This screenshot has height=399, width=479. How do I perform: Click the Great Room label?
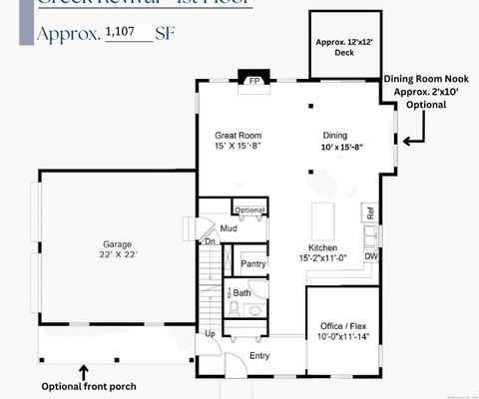(x=239, y=141)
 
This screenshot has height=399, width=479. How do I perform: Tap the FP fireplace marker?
(x=254, y=81)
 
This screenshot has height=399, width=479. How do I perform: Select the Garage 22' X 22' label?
(x=118, y=249)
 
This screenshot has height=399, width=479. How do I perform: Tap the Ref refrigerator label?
(x=370, y=213)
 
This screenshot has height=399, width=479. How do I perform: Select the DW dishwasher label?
(x=370, y=256)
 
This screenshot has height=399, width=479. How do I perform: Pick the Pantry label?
(x=254, y=264)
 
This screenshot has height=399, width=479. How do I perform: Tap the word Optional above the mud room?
(x=250, y=210)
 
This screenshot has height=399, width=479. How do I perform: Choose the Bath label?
(x=242, y=293)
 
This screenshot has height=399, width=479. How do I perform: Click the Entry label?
(x=259, y=355)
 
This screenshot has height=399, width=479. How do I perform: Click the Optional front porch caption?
(x=88, y=386)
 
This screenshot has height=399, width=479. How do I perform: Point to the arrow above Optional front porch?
(x=84, y=371)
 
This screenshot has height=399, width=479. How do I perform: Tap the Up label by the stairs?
(x=210, y=334)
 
